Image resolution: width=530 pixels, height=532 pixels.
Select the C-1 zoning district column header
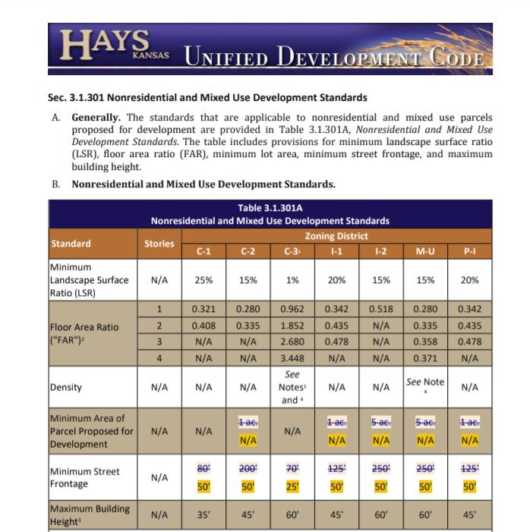(203, 250)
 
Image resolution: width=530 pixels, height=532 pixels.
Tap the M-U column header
(425, 250)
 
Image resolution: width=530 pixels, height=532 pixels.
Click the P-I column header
(470, 250)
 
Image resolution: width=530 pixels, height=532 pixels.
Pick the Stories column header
(159, 244)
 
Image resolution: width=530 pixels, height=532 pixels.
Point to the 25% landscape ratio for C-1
(203, 279)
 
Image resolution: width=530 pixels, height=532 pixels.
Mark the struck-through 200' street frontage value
(248, 468)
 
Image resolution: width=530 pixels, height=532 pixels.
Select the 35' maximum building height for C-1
(203, 516)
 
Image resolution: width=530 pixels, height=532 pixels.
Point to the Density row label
(65, 387)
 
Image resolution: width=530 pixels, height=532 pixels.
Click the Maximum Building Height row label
(90, 515)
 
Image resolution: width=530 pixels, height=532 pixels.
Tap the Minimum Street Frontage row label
(84, 477)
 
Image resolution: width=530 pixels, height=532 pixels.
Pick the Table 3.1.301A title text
(270, 207)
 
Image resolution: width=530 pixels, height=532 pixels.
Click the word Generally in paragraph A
(96, 118)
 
